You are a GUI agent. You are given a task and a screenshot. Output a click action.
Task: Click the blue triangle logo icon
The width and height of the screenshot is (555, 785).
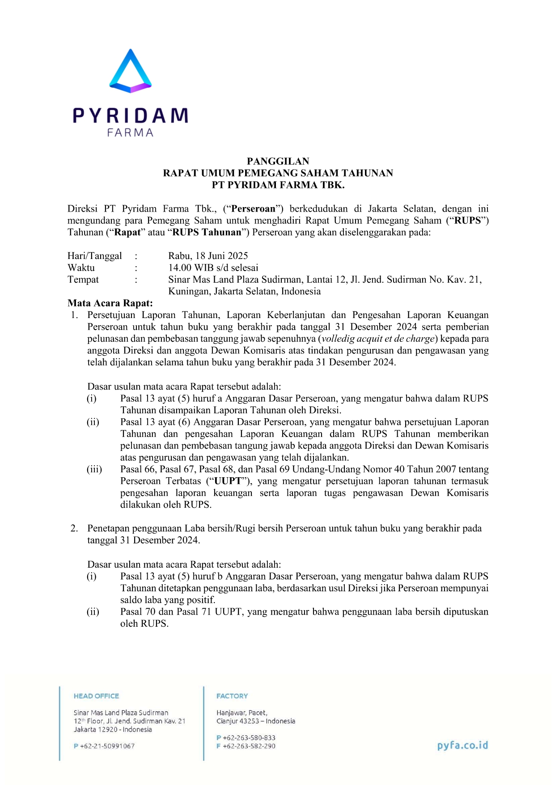(x=130, y=72)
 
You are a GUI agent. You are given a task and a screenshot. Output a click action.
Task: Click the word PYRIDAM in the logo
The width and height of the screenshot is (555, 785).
(x=130, y=115)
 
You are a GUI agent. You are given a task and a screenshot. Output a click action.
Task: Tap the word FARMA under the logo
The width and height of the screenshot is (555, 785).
(x=130, y=133)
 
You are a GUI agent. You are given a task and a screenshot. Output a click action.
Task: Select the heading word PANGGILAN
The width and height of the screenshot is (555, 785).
(x=278, y=161)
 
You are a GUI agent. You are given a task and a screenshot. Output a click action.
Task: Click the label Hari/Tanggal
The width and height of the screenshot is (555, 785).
(x=94, y=256)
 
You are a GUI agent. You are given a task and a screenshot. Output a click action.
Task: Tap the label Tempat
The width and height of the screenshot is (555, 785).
(x=83, y=280)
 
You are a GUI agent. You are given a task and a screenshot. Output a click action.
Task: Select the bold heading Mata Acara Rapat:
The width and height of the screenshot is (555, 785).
(x=110, y=303)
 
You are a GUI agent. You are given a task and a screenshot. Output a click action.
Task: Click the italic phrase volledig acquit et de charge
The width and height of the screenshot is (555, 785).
(x=378, y=339)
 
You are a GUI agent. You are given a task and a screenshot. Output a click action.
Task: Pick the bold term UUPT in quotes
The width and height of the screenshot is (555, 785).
(x=228, y=481)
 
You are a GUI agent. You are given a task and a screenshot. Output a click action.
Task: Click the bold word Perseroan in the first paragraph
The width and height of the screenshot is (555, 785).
(x=253, y=209)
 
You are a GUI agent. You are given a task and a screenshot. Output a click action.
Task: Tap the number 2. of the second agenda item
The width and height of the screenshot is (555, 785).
(x=74, y=529)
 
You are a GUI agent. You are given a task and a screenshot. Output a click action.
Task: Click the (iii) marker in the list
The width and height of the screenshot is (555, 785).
(x=94, y=469)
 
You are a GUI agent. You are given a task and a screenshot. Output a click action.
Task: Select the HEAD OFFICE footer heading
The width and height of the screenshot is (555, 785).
(x=97, y=696)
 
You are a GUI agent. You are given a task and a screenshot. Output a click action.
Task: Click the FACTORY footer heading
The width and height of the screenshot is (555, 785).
(x=232, y=696)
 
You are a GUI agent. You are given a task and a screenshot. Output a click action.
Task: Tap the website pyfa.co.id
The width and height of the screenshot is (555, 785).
(x=462, y=745)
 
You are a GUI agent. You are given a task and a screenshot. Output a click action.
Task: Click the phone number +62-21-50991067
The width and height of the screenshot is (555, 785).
(x=107, y=746)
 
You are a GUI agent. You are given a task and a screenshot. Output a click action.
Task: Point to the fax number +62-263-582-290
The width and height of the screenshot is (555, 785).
(x=249, y=746)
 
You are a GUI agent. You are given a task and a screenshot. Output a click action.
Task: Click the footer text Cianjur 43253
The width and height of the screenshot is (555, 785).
(x=237, y=721)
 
